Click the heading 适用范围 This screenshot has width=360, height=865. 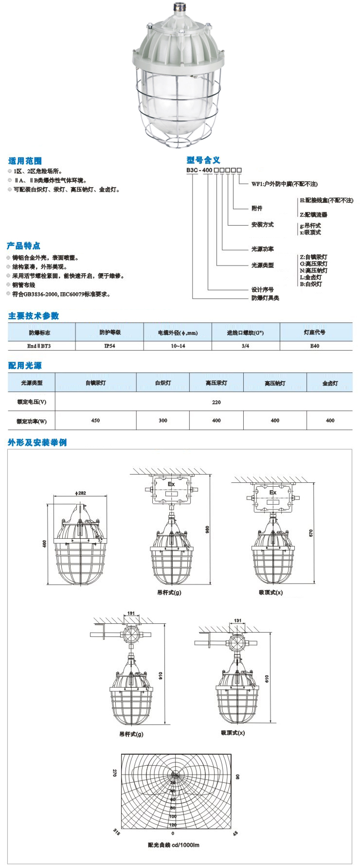(x=25, y=160)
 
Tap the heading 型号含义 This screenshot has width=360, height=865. (x=203, y=160)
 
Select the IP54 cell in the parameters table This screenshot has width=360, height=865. (x=109, y=346)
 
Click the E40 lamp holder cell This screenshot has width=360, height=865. (x=315, y=346)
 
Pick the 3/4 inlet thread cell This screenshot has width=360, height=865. (x=245, y=346)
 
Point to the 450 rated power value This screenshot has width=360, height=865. (x=95, y=420)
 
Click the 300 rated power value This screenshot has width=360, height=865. (x=163, y=420)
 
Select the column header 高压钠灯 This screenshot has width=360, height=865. (x=275, y=383)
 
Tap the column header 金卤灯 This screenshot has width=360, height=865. (x=330, y=383)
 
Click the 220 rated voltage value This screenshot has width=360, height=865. (x=216, y=402)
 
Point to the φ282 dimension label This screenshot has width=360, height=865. (x=80, y=493)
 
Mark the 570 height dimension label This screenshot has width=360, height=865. (x=311, y=533)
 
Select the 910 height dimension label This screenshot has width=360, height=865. (x=161, y=675)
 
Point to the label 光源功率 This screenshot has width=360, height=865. (x=262, y=249)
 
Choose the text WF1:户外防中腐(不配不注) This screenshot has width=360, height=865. (x=284, y=184)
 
